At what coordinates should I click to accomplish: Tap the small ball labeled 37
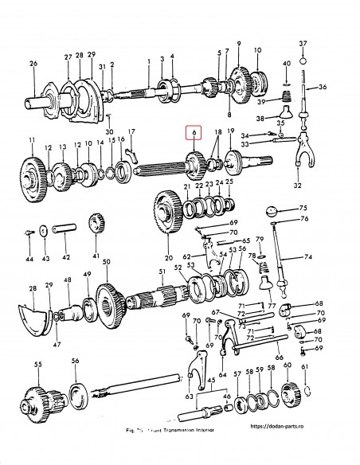303,60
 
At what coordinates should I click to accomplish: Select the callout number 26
33,64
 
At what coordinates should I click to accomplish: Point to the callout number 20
169,258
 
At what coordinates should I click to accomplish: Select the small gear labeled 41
97,225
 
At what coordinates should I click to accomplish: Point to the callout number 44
29,260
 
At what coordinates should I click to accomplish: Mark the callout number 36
323,88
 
